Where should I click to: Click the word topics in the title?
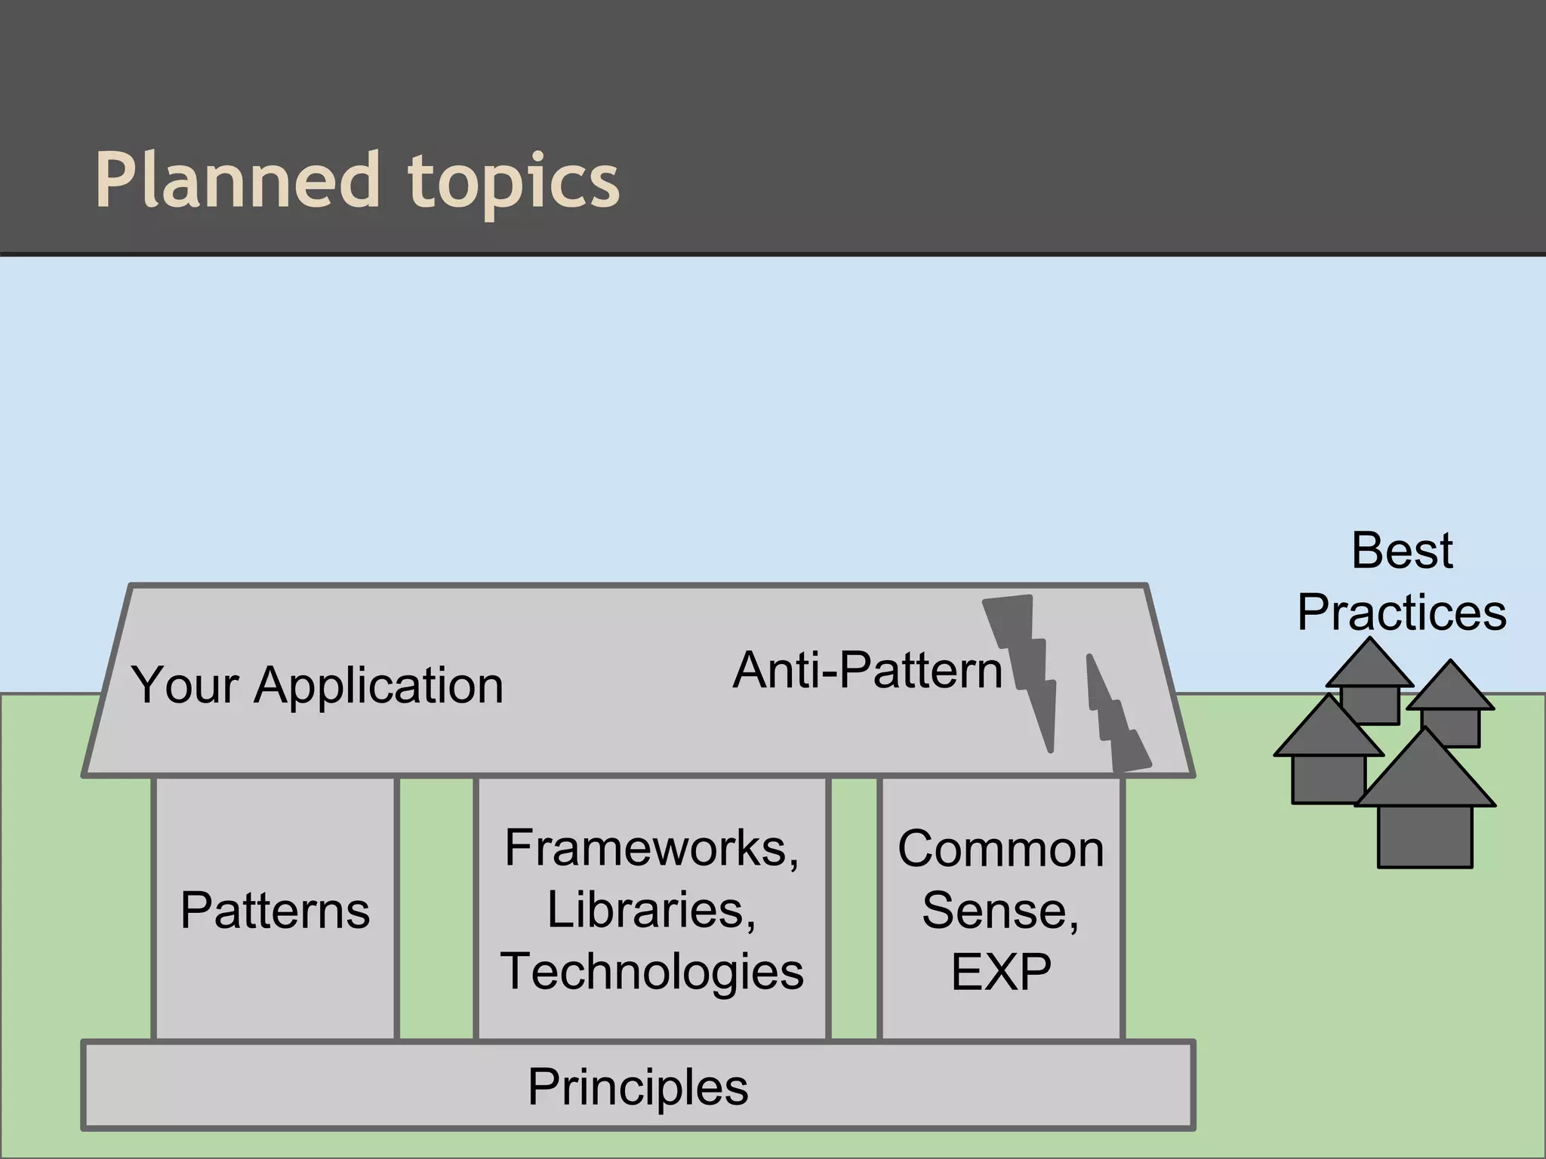pyautogui.click(x=514, y=181)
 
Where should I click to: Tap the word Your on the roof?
pyautogui.click(x=185, y=685)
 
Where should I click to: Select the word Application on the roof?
pyautogui.click(x=379, y=685)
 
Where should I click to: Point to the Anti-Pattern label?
pyautogui.click(x=867, y=669)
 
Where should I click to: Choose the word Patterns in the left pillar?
pyautogui.click(x=275, y=910)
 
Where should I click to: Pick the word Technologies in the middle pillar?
pyautogui.click(x=651, y=971)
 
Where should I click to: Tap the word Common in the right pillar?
pyautogui.click(x=1001, y=849)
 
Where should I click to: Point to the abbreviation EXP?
pyautogui.click(x=1001, y=972)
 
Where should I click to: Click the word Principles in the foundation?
pyautogui.click(x=638, y=1087)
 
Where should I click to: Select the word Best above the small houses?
pyautogui.click(x=1402, y=550)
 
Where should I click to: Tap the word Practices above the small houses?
pyautogui.click(x=1402, y=612)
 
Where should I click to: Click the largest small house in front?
pyautogui.click(x=1425, y=815)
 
